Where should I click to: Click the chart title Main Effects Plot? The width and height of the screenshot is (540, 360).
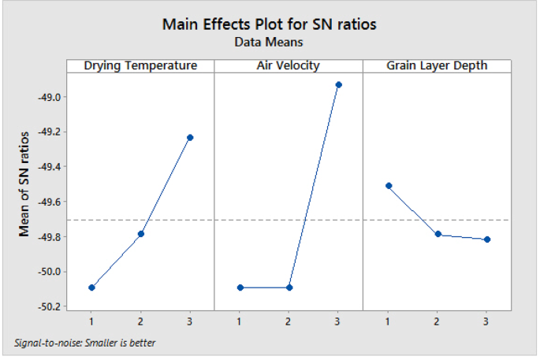click(x=269, y=24)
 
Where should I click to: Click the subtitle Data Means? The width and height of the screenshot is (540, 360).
click(x=269, y=43)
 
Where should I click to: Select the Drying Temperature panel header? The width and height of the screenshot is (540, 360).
click(x=140, y=65)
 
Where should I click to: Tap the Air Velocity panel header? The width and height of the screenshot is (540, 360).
click(x=289, y=65)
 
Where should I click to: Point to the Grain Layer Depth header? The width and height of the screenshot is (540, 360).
click(x=437, y=65)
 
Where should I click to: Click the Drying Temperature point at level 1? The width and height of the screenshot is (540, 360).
click(x=91, y=288)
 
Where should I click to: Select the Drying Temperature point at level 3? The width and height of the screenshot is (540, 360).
click(x=190, y=138)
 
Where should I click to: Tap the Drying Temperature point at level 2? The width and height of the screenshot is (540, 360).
click(x=141, y=234)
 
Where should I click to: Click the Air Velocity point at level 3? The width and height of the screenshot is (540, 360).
click(x=338, y=84)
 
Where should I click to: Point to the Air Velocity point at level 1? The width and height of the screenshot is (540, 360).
click(x=240, y=288)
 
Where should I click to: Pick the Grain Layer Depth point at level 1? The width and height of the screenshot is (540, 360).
click(x=388, y=186)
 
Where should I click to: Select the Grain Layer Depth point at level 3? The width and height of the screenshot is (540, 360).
click(x=486, y=239)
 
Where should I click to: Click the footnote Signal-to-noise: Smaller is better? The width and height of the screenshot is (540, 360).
click(x=85, y=343)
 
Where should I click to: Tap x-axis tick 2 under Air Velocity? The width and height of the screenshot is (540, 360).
click(x=289, y=321)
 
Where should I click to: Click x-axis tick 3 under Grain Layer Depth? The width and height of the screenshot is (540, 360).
click(x=486, y=321)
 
